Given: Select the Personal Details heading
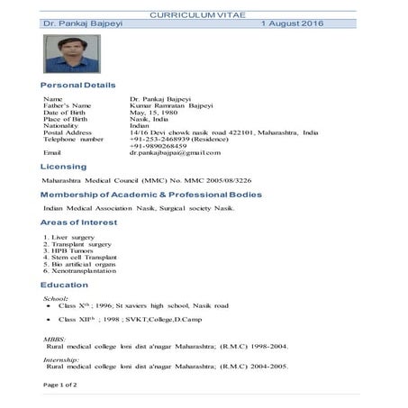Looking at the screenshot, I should click(x=79, y=85).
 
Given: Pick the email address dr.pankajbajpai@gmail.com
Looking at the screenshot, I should click(x=180, y=154).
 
